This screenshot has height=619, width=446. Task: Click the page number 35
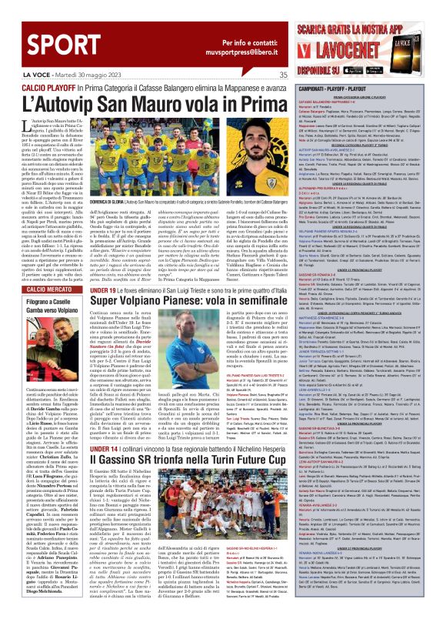click(x=283, y=75)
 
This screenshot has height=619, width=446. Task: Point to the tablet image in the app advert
click(x=421, y=49)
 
